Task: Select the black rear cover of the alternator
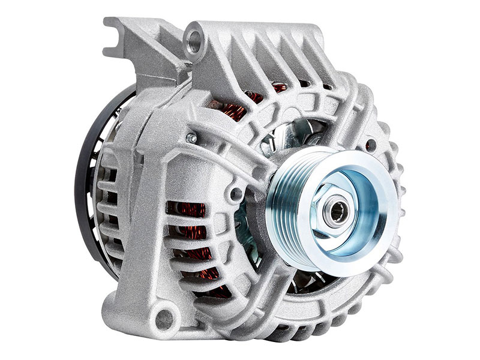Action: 84,180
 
